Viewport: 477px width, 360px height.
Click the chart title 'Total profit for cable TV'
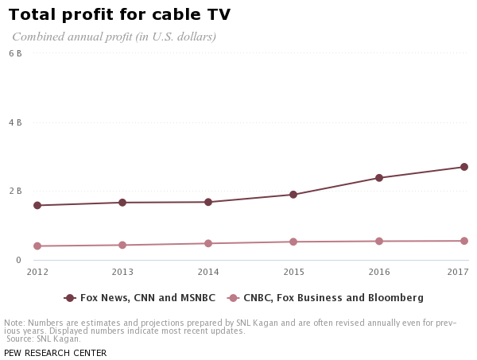pos(119,14)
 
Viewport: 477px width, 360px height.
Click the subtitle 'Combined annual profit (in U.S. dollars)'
pos(114,37)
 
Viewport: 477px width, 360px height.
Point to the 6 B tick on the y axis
pos(15,53)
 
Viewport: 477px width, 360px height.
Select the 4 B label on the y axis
pos(15,122)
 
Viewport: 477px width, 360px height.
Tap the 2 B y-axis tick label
pos(15,191)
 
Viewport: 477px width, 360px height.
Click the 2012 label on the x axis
pos(37,272)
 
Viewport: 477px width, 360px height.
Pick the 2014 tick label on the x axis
pos(208,272)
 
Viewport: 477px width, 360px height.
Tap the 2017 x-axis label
pos(458,272)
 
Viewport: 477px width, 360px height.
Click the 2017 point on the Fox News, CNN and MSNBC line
pos(464,167)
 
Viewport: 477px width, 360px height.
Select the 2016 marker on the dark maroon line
pos(379,178)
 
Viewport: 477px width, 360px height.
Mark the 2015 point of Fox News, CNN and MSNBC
pos(293,195)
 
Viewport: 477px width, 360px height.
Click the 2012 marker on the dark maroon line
pos(37,205)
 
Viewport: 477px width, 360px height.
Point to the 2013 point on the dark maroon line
pos(122,203)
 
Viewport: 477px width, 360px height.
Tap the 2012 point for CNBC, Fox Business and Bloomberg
pos(37,246)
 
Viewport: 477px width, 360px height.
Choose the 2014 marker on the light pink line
pos(208,243)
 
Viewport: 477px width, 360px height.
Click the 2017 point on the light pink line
pos(464,241)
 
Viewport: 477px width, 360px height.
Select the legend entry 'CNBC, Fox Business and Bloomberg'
pos(332,298)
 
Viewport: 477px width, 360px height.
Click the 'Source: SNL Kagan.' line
pos(44,339)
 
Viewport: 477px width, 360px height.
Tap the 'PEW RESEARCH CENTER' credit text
pos(55,353)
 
